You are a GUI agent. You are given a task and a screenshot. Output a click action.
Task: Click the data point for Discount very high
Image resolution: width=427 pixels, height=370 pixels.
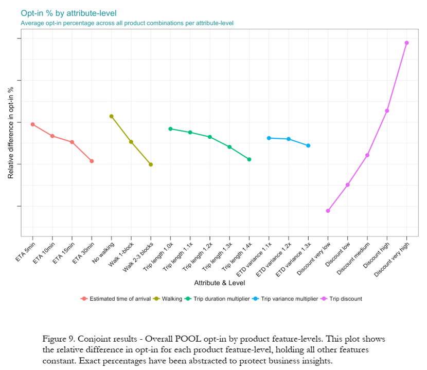tap(406, 43)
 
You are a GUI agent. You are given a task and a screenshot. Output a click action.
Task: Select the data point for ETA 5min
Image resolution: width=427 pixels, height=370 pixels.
tap(32, 124)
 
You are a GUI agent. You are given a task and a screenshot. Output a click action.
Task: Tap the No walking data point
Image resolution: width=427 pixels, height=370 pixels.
tap(111, 116)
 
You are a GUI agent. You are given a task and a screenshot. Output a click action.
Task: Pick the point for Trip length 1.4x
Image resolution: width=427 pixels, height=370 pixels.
tap(249, 159)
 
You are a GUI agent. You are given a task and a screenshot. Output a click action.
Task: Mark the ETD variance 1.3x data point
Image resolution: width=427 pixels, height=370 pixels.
tap(308, 145)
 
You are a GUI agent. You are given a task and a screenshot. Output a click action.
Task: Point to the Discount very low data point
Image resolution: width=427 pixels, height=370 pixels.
tap(328, 211)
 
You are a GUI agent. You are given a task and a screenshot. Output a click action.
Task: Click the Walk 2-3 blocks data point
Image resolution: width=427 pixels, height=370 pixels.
tap(151, 164)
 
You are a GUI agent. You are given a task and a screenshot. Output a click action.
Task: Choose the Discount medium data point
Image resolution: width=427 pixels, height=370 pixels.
tap(367, 155)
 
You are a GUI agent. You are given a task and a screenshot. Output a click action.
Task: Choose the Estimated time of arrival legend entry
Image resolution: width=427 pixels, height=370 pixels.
tap(116, 299)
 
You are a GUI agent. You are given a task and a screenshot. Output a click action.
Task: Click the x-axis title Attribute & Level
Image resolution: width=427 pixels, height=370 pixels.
tap(219, 283)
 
